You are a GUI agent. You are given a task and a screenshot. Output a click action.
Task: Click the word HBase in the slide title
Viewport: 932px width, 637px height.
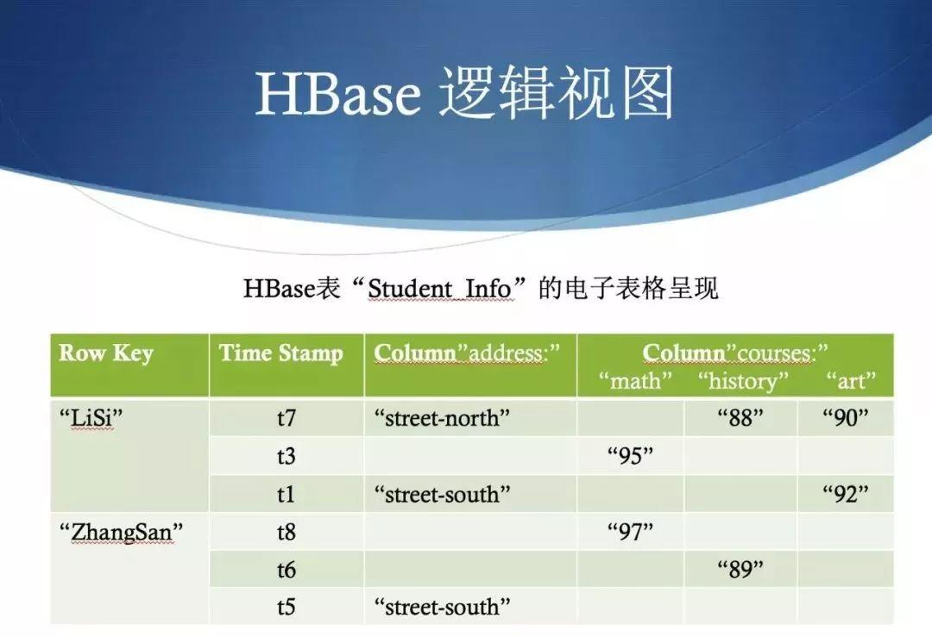337,95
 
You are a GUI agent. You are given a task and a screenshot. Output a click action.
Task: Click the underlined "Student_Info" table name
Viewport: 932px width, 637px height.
440,288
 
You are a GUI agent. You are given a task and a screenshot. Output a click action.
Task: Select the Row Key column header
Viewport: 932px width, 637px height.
106,353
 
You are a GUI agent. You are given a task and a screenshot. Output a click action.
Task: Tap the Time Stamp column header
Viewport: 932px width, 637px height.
280,353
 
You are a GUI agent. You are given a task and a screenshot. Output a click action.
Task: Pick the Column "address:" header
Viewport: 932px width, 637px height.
468,353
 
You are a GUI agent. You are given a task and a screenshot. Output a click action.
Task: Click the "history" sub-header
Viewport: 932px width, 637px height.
743,380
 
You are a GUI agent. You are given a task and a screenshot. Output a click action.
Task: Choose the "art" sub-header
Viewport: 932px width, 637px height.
851,380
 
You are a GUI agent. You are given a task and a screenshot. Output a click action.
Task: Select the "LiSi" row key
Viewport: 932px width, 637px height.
91,419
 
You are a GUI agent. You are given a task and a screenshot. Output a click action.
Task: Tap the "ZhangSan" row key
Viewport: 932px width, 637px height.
116,532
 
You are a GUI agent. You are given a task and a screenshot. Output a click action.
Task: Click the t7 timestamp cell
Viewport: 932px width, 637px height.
286,419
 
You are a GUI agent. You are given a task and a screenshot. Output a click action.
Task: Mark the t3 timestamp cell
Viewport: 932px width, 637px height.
286,456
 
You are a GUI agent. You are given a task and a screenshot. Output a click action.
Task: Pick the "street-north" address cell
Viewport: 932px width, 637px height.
443,419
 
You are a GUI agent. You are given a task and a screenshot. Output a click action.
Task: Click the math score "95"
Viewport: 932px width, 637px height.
631,456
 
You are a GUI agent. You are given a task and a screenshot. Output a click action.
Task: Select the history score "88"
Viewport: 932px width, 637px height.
741,419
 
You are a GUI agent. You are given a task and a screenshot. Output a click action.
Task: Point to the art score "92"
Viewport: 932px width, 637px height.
846,494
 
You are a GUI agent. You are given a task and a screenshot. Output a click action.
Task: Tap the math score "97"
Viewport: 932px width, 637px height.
631,532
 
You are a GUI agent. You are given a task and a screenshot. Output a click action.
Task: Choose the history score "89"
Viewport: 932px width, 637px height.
741,569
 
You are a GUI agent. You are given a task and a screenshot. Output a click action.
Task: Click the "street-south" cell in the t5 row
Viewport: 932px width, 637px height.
443,607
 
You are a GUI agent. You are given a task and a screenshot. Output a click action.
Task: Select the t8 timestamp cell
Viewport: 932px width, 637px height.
286,532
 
